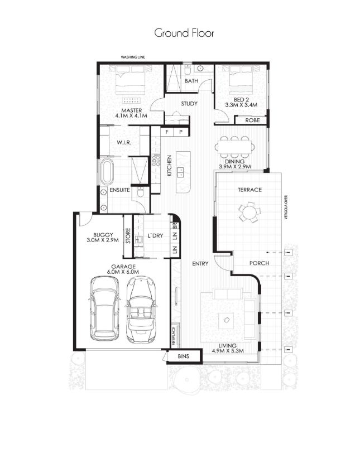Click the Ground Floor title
tap(184, 33)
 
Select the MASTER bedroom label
tap(131, 110)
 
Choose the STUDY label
tap(189, 104)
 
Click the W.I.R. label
tap(124, 143)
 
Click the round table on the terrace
tap(249, 212)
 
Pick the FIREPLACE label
tap(174, 336)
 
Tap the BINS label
tap(183, 356)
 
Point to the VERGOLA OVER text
tap(285, 207)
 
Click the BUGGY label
tap(103, 235)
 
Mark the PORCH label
tap(260, 263)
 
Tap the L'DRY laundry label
tap(155, 236)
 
